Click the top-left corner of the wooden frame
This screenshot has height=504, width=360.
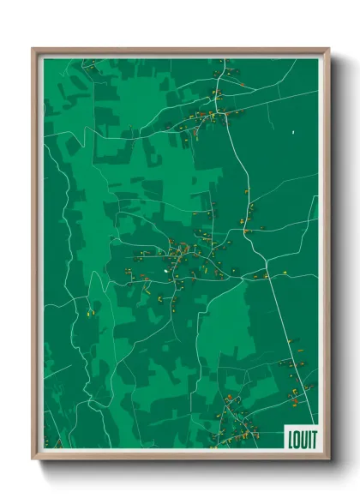[x=33, y=49]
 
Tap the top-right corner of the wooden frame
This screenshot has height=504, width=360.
[x=328, y=49]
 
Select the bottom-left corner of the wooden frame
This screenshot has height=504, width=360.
[x=33, y=459]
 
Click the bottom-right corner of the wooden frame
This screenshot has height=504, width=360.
[x=328, y=459]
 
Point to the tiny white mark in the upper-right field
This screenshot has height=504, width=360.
[x=293, y=132]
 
